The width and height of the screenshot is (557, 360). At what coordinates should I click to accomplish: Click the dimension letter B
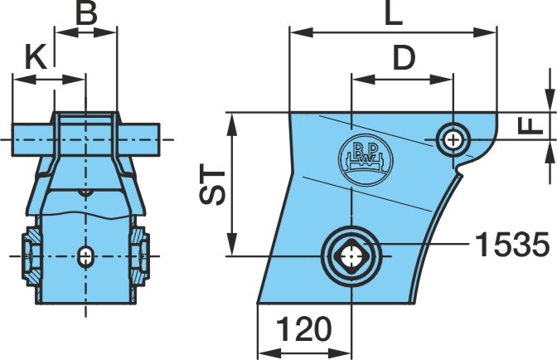click(86, 13)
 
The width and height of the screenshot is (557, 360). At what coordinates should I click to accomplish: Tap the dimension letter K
click(36, 57)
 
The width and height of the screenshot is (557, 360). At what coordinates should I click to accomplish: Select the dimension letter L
click(394, 13)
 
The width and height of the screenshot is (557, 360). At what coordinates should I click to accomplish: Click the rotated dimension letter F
click(530, 126)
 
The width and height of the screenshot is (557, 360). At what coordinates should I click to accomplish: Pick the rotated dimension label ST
click(212, 184)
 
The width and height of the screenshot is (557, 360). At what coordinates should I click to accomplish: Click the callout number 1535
click(512, 245)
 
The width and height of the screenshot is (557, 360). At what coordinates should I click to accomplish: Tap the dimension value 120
click(303, 328)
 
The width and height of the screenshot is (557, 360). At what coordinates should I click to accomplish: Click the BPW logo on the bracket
click(366, 159)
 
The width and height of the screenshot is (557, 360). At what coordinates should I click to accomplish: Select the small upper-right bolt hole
click(453, 140)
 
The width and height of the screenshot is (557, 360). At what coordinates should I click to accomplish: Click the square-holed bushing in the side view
click(351, 255)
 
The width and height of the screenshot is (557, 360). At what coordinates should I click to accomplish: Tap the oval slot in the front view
click(85, 255)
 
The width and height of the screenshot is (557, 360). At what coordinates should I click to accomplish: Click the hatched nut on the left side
click(31, 256)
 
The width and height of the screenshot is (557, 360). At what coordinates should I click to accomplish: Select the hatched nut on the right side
click(139, 256)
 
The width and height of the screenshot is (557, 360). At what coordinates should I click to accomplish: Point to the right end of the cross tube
click(159, 139)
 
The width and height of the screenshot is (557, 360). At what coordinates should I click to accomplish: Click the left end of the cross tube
click(12, 139)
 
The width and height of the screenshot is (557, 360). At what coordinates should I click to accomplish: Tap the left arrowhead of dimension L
click(301, 32)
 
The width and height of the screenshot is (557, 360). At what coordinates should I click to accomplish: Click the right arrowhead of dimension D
click(441, 80)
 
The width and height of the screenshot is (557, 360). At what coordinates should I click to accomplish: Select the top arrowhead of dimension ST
click(232, 124)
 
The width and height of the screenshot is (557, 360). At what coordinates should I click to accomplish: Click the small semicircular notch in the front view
click(85, 192)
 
